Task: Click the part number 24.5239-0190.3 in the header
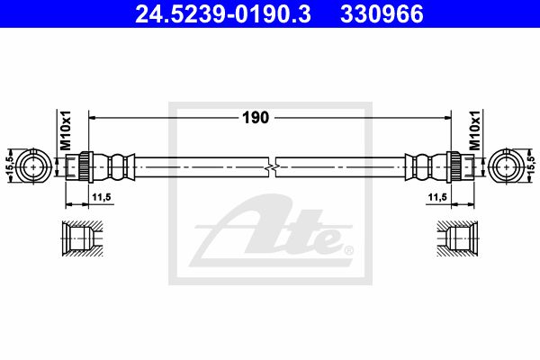click(223, 13)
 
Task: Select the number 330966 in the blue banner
click(382, 13)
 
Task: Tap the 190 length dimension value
click(256, 118)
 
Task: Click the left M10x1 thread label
click(66, 130)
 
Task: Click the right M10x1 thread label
click(474, 130)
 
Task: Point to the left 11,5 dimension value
click(101, 197)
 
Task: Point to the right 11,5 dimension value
click(437, 197)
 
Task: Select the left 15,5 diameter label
click(10, 165)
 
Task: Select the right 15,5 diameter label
click(531, 165)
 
